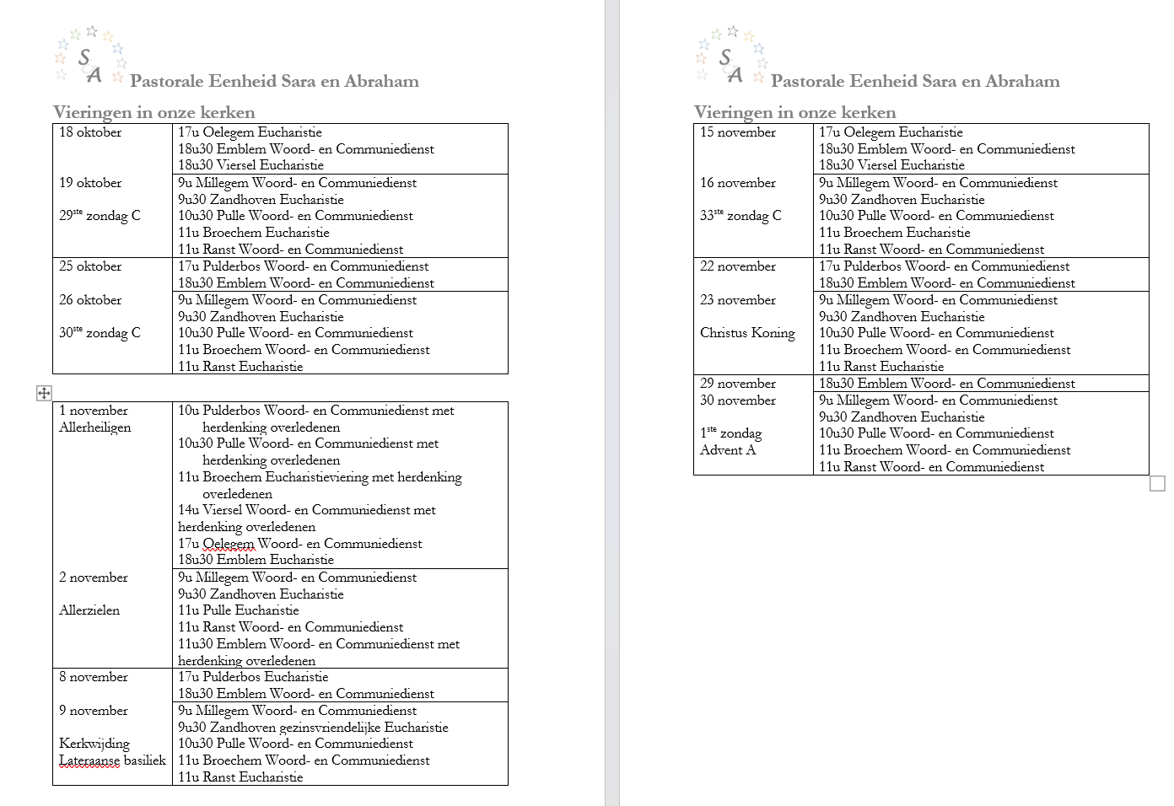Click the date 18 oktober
coord(90,132)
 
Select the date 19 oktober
coord(90,183)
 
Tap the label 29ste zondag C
coord(100,216)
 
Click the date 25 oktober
coord(90,266)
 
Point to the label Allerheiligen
coord(95,427)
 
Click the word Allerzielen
coord(89,610)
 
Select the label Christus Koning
coord(747,333)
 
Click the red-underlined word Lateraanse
coord(89,760)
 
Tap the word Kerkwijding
coord(94,744)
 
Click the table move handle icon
coord(44,393)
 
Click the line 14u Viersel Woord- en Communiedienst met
coord(307,510)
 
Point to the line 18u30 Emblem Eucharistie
coord(256,560)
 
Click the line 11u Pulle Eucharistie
coord(238,610)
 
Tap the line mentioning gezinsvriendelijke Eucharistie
coord(313,728)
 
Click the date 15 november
coord(738,132)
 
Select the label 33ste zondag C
coord(740,216)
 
